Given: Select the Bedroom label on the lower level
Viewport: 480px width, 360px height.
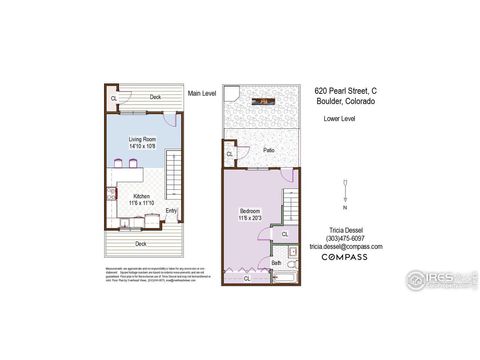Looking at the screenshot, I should (x=250, y=209).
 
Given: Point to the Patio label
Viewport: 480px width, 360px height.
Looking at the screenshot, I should (x=269, y=150).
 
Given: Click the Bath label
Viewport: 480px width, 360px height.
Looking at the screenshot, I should (x=276, y=263).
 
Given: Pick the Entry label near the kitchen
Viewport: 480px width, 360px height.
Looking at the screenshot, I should (x=171, y=210).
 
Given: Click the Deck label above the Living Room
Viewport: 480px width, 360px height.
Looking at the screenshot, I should (x=156, y=97).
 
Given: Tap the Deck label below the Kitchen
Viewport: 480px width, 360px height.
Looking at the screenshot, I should (x=141, y=243).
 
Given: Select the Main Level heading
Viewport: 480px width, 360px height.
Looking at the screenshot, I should (x=202, y=93).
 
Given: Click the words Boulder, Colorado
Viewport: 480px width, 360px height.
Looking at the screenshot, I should (x=343, y=99).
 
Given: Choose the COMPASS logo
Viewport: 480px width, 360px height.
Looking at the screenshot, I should (x=343, y=258).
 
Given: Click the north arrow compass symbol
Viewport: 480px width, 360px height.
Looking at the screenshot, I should (x=345, y=192).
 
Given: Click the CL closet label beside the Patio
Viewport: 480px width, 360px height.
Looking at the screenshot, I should (x=231, y=154).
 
